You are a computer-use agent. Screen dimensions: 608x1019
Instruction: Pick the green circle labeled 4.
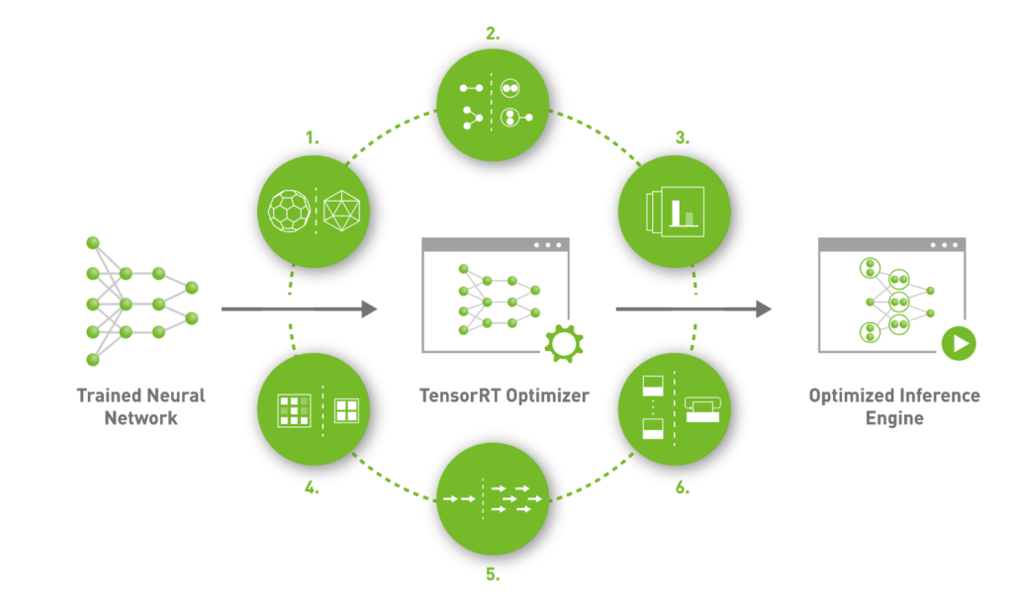tap(313, 408)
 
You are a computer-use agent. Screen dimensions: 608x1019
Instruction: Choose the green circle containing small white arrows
tap(493, 500)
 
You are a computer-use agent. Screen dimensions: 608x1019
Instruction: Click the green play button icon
tap(958, 345)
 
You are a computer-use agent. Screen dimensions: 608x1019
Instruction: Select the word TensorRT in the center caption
tap(458, 395)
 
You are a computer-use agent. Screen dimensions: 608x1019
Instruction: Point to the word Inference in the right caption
tap(932, 395)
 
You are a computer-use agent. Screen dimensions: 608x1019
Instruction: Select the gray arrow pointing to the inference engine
tap(693, 309)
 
